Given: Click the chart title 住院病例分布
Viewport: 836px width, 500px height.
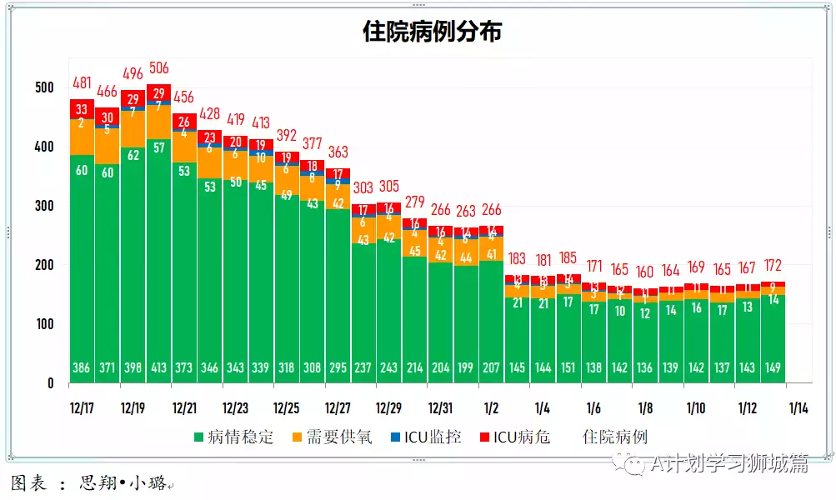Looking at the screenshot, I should (x=432, y=31).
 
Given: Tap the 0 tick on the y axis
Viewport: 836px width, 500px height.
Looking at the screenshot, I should (x=51, y=383).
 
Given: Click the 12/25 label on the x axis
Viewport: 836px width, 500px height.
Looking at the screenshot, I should (x=287, y=408).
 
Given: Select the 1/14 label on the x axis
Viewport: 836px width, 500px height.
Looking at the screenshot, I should (x=798, y=408).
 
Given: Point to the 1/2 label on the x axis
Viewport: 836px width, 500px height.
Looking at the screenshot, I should (x=491, y=408).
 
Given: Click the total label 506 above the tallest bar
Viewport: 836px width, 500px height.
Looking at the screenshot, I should (x=158, y=68).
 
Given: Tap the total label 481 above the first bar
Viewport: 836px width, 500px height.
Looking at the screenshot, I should (x=82, y=82).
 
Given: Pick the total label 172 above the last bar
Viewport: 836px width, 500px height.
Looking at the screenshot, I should (x=773, y=266).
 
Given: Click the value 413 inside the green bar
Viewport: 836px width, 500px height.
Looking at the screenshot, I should (x=158, y=368).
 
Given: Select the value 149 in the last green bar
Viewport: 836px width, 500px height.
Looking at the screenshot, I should (x=773, y=368).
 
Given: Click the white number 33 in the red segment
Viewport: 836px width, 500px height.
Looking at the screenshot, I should (x=82, y=109).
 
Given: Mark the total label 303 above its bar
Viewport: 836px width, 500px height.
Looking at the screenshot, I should (x=363, y=188).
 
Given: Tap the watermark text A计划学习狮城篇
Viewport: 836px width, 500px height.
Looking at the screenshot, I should (x=729, y=464).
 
